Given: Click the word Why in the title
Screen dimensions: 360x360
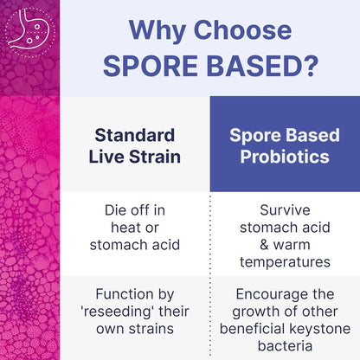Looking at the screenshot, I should pos(153,30).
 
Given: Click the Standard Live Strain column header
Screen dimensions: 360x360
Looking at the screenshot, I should pos(134,146).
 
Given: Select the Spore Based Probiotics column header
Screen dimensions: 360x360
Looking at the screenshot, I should pos(285,146).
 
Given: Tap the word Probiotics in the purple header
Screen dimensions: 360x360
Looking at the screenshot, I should pos(285,158).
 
